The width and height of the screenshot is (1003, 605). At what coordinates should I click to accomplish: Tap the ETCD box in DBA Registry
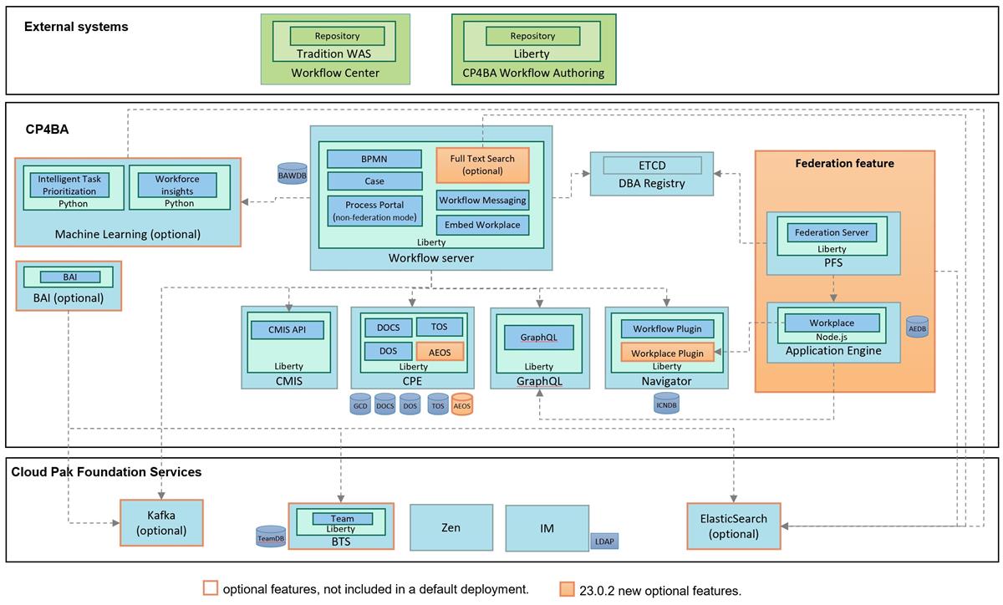[x=651, y=165]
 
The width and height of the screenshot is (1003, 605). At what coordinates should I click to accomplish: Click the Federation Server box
[x=831, y=232]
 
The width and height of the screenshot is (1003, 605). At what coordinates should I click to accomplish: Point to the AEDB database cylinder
[x=917, y=327]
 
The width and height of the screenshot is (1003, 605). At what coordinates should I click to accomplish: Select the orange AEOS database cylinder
[x=461, y=404]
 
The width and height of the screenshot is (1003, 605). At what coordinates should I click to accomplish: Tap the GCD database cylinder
[x=361, y=404]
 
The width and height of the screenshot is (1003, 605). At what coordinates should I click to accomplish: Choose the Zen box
[x=451, y=527]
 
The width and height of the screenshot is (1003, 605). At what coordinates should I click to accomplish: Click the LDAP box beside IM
[x=604, y=541]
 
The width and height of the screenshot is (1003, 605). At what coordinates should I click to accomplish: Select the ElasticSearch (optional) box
[x=733, y=526]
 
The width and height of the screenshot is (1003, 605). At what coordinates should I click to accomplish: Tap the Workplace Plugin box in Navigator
[x=666, y=353]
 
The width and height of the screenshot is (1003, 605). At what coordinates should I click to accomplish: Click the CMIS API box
[x=288, y=329]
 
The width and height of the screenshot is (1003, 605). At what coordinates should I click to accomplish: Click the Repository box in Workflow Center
[x=337, y=36]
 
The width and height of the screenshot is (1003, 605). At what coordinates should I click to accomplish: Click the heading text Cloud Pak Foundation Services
[x=106, y=472]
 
